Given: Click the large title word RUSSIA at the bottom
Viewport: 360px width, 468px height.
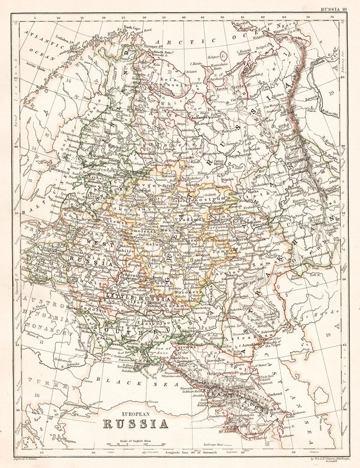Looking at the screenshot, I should (136, 424).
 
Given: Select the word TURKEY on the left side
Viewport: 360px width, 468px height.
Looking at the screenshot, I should (44, 386).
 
